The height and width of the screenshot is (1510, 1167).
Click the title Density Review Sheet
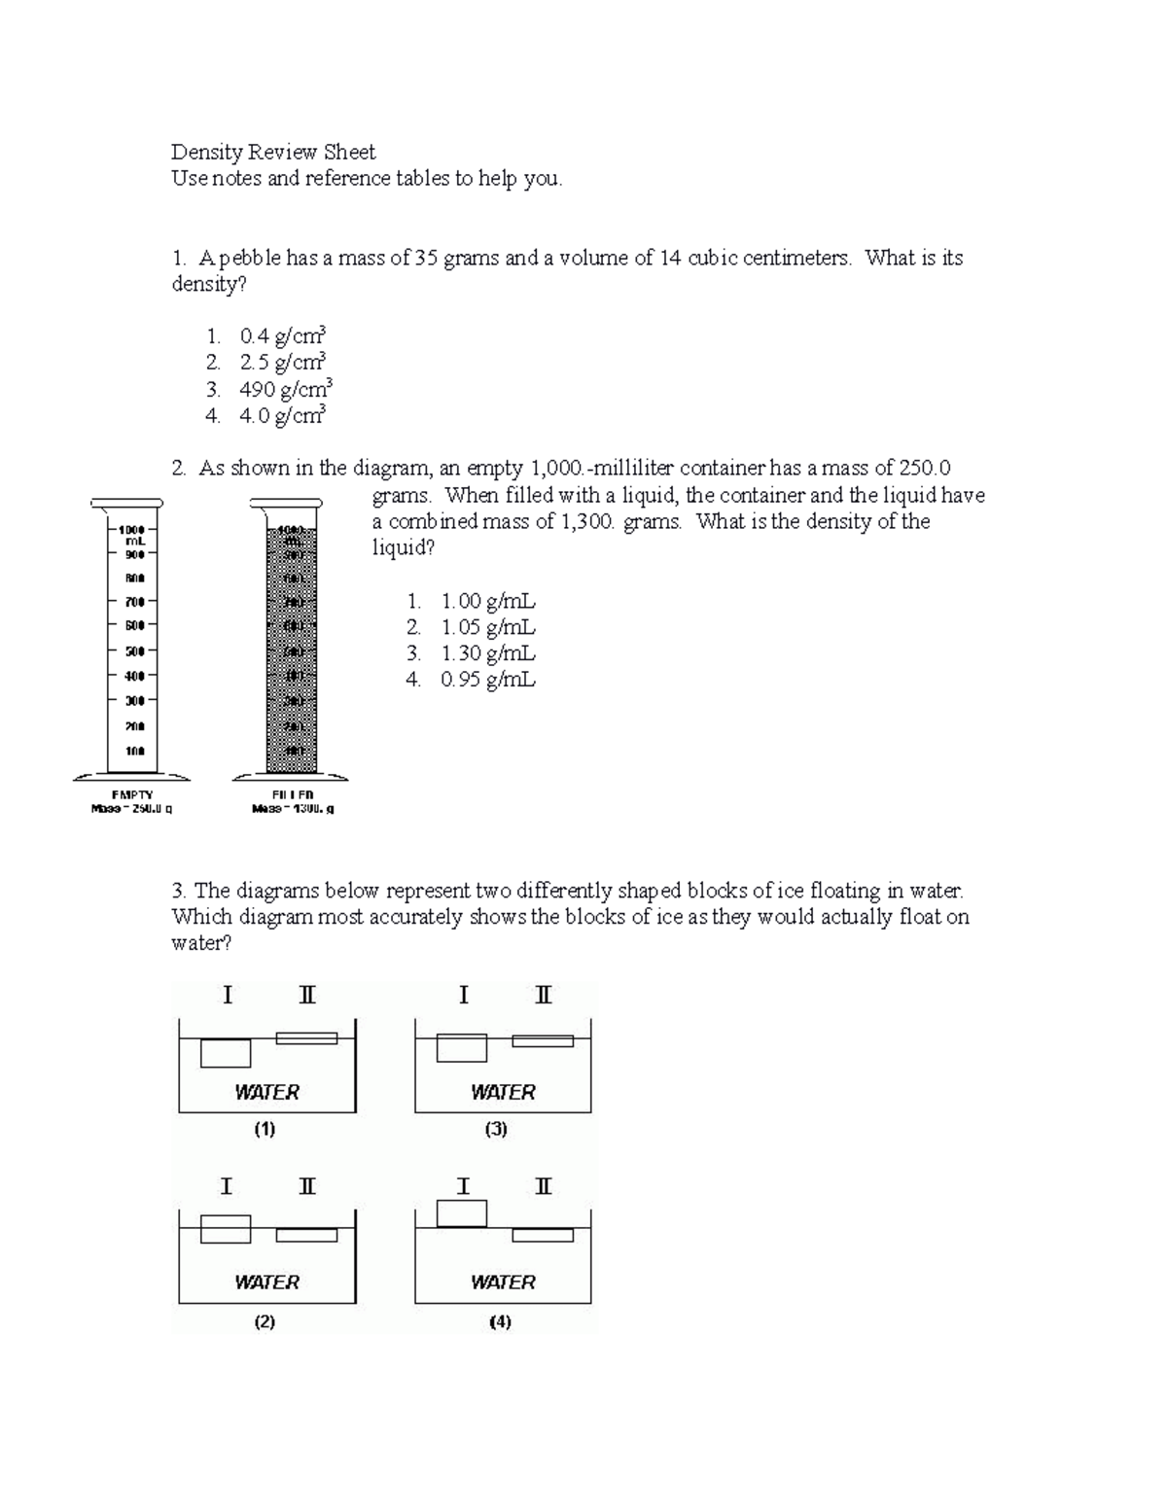click(273, 152)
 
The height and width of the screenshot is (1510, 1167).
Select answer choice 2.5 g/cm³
click(282, 363)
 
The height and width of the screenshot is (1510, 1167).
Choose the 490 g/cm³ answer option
click(286, 390)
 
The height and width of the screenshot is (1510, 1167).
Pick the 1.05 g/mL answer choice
click(487, 627)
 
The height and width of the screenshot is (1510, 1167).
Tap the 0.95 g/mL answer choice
click(487, 680)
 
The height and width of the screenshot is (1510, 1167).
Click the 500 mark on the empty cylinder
click(133, 650)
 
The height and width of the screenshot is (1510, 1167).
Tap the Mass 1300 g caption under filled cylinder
click(293, 808)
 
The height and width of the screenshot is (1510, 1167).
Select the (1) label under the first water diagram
click(265, 1129)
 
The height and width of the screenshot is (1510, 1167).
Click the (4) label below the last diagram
click(501, 1321)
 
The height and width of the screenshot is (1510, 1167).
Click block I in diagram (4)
click(462, 1213)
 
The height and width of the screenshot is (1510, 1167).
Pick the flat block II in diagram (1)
click(306, 1037)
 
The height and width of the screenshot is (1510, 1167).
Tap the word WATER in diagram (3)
click(503, 1092)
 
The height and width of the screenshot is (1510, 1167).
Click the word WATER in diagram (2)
click(266, 1282)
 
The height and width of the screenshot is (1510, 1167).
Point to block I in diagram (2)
click(226, 1229)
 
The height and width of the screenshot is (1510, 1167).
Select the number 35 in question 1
click(427, 258)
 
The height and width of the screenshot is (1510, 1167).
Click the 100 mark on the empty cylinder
click(133, 751)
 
